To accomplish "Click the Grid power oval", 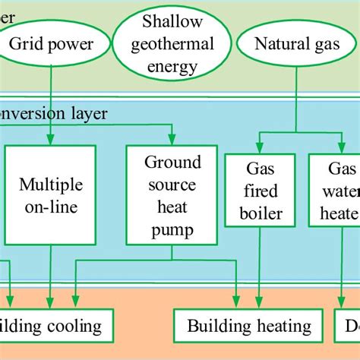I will point(51,44).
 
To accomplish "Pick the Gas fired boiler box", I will point(259,190).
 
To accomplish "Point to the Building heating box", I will point(249,327).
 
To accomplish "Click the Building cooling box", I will point(53,327).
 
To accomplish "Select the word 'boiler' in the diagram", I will point(259,213).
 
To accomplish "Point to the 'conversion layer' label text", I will point(53,114).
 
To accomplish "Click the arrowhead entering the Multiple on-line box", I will point(50,141).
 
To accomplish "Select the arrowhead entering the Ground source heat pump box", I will point(173,141).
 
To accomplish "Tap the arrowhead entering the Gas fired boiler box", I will point(259,149).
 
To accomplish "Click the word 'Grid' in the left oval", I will point(26,44).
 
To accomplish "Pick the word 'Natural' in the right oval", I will point(276,44).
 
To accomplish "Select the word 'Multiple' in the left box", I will point(50,185).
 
